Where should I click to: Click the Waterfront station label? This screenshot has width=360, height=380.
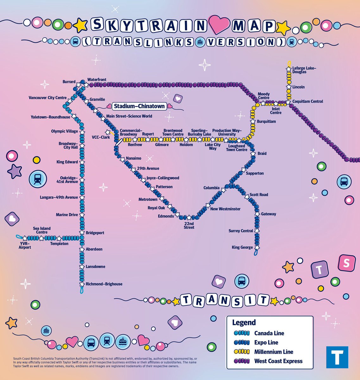click(97, 79)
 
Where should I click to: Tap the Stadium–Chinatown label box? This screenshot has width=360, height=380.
click(139, 106)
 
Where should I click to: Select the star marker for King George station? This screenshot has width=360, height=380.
click(257, 247)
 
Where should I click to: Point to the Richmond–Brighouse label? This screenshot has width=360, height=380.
click(104, 284)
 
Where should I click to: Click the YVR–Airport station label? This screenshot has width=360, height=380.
click(25, 245)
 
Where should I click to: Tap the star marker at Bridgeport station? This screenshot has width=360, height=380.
click(82, 233)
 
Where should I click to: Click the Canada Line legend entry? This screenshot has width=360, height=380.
click(269, 333)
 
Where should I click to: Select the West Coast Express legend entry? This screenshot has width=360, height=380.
click(278, 361)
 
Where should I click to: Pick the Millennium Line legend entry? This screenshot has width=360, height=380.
click(274, 352)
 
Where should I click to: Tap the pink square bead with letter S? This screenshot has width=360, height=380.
click(346, 263)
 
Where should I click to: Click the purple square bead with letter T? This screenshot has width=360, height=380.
click(320, 270)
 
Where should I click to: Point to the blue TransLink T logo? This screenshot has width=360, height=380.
click(337, 357)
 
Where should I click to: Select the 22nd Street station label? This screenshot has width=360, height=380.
click(189, 225)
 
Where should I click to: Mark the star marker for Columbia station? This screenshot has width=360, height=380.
click(224, 190)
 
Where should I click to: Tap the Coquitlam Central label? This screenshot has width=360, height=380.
click(307, 101)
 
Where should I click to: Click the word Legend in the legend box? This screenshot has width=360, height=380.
click(244, 322)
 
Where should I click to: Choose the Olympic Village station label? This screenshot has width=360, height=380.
click(64, 131)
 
